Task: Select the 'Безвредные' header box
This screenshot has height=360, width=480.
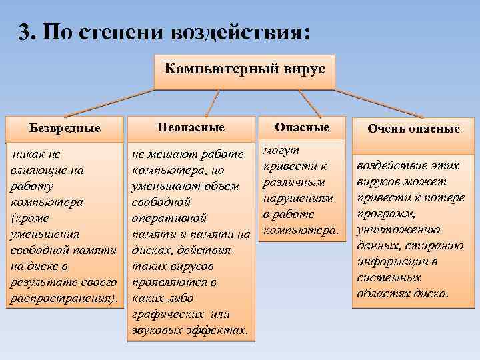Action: click(65, 128)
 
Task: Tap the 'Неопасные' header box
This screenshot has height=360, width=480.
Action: click(191, 127)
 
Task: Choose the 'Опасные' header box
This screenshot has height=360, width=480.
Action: click(302, 127)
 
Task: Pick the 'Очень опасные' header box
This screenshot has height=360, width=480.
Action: click(413, 129)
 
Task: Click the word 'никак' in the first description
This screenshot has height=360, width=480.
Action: click(31, 154)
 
